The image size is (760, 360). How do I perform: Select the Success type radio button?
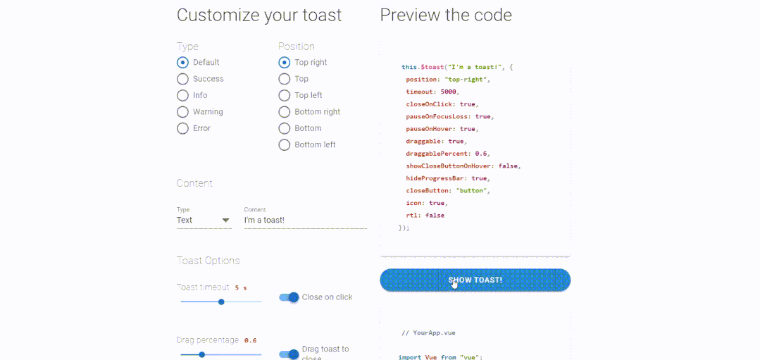pyautogui.click(x=182, y=79)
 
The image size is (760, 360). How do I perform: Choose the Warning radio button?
pyautogui.click(x=182, y=112)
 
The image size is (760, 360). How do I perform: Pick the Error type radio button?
pyautogui.click(x=182, y=128)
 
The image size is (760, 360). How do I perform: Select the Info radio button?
pyautogui.click(x=182, y=95)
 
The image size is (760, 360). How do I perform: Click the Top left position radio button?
pyautogui.click(x=285, y=95)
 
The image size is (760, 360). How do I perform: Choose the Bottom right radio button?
pyautogui.click(x=285, y=112)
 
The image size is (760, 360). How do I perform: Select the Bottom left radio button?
pyautogui.click(x=285, y=145)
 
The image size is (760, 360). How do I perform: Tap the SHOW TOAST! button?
pyautogui.click(x=475, y=280)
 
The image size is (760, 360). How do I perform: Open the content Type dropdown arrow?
pyautogui.click(x=225, y=221)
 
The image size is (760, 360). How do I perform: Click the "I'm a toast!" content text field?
pyautogui.click(x=306, y=221)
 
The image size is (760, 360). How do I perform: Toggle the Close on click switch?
pyautogui.click(x=289, y=297)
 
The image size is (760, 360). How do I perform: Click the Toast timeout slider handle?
pyautogui.click(x=221, y=302)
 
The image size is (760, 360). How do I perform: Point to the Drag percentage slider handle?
pyautogui.click(x=202, y=354)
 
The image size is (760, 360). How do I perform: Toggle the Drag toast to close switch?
pyautogui.click(x=289, y=354)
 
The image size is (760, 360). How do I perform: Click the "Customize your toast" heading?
pyautogui.click(x=259, y=15)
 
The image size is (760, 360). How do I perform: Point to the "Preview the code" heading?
pyautogui.click(x=446, y=15)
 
